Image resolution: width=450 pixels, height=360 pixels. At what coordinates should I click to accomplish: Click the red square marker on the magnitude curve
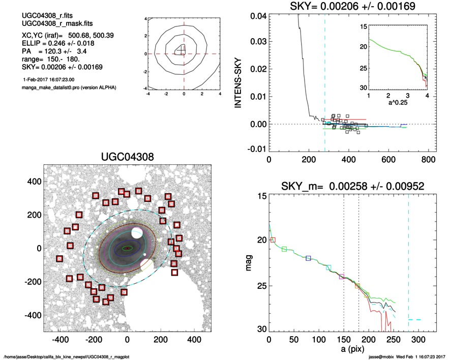pos(273,239)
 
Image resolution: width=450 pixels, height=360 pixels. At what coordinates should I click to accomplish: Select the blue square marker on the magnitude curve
pos(308,258)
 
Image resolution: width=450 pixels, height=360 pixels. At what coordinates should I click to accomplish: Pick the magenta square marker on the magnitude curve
pos(342,277)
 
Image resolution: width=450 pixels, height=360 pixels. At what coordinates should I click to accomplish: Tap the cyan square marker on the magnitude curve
pos(328,267)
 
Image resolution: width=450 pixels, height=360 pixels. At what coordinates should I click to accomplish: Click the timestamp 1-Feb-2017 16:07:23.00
pos(49,80)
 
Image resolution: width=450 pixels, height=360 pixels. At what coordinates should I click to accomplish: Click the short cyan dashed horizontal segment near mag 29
pos(415,319)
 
